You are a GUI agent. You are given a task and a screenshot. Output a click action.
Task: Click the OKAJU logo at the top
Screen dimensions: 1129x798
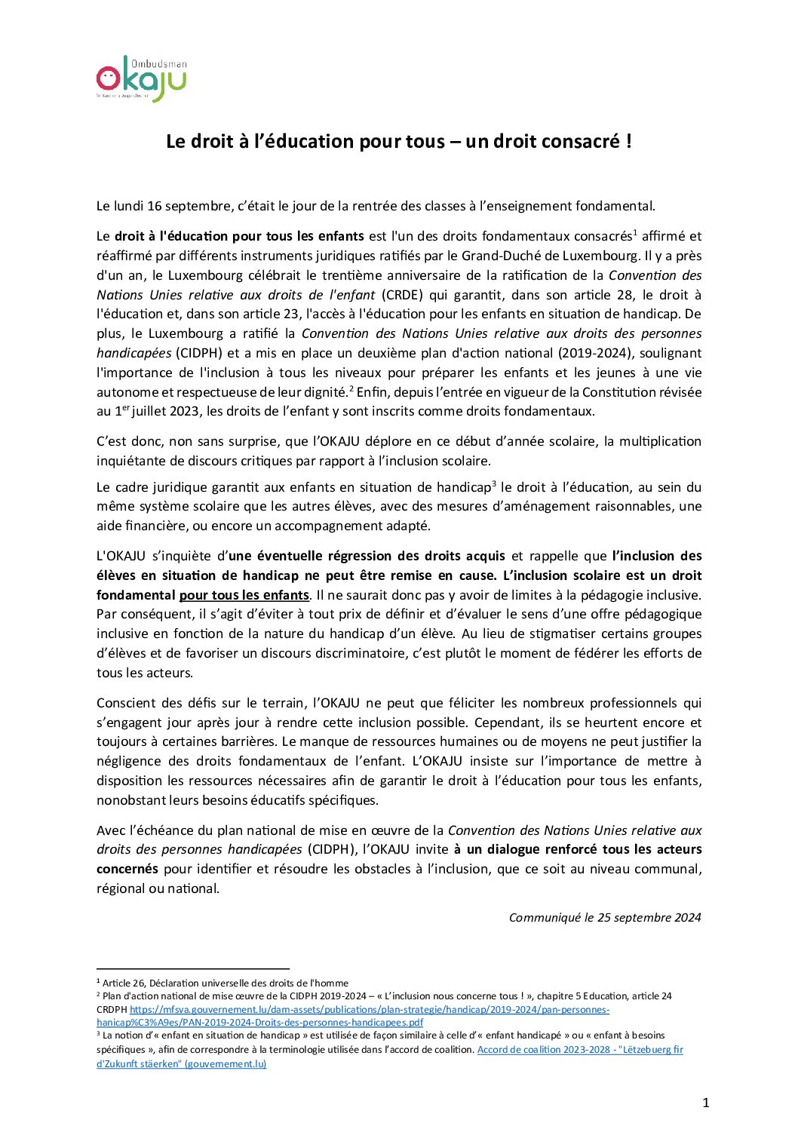point(141,78)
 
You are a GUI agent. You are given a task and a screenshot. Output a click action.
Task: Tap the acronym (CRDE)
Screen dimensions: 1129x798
point(403,295)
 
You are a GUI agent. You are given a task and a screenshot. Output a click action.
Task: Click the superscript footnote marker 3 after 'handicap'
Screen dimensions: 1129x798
point(494,484)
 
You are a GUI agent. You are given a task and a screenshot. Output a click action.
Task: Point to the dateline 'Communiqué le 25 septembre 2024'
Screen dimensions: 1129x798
point(605,918)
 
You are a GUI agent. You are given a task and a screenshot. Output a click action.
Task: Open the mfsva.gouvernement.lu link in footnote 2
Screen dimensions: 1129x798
point(370,1010)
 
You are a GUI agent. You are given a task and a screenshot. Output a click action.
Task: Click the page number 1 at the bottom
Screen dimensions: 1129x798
point(706,1103)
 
